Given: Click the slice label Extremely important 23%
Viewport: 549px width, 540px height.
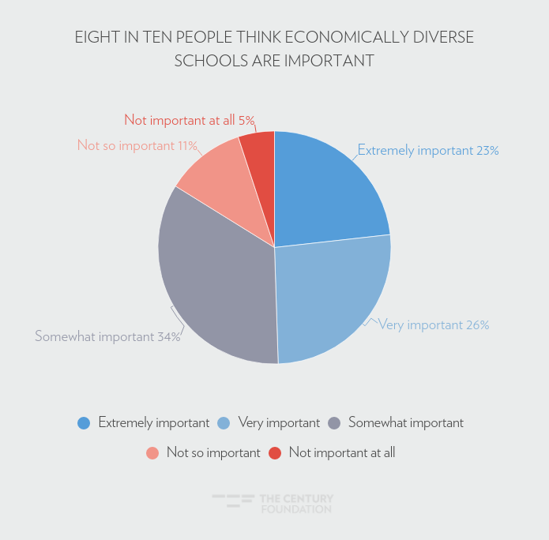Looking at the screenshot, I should click(428, 150).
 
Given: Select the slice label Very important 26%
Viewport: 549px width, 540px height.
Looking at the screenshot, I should click(434, 324).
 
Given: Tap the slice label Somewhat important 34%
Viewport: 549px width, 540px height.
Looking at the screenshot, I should click(107, 336).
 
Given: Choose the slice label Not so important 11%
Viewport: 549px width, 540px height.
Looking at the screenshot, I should click(137, 145).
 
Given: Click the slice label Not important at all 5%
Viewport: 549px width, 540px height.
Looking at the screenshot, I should click(190, 120).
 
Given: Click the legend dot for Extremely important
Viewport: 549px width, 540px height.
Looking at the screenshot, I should click(84, 423).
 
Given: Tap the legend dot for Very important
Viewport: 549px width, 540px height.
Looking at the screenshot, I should click(224, 423).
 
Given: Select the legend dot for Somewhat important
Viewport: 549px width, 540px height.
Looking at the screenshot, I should click(334, 423).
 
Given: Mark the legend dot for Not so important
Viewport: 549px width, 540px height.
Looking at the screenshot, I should click(152, 453).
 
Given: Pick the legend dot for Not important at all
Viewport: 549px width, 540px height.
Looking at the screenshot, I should click(275, 453).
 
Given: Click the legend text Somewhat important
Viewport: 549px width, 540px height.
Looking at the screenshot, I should click(405, 422).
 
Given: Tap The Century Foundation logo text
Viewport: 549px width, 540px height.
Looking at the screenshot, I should click(295, 504).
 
